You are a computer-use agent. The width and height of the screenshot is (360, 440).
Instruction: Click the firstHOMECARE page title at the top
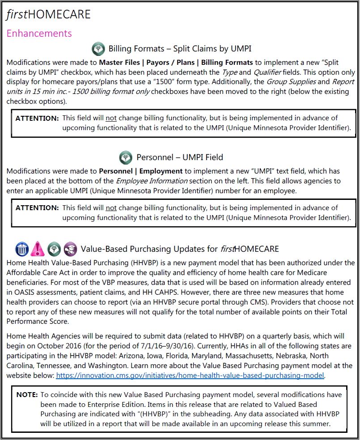click(48, 14)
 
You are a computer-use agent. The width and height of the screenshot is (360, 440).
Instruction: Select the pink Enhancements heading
click(39, 34)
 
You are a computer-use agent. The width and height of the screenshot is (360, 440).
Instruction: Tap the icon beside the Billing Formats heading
click(98, 48)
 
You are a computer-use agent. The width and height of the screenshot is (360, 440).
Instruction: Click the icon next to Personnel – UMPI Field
click(126, 157)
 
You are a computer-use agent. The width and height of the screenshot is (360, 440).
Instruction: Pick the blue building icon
click(22, 249)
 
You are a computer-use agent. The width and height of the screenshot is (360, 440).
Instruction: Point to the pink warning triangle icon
click(38, 249)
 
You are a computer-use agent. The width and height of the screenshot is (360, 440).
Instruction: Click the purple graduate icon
click(70, 249)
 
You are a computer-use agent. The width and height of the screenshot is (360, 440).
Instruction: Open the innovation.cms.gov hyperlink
click(190, 376)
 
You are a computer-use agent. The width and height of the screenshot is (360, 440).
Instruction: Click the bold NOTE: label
click(27, 395)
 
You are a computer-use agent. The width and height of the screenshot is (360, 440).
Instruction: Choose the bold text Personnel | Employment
click(141, 171)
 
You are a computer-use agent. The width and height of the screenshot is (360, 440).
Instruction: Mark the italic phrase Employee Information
click(152, 181)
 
